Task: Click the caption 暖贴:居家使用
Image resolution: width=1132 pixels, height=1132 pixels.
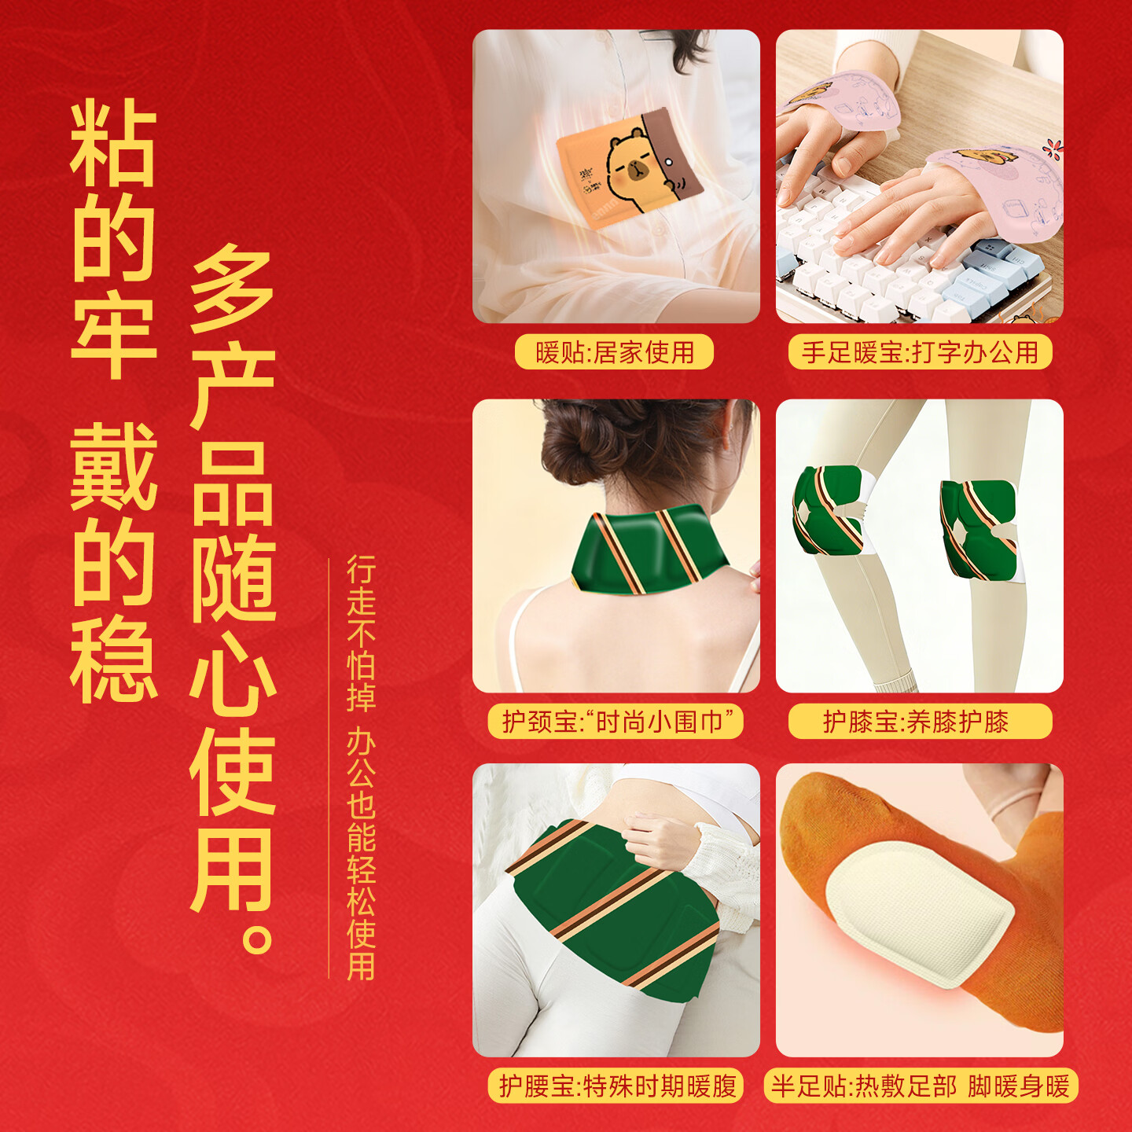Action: pyautogui.click(x=615, y=352)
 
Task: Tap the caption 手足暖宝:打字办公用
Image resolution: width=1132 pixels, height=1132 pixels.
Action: pyautogui.click(x=920, y=352)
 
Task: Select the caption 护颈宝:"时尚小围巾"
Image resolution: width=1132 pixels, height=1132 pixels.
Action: pyautogui.click(x=615, y=722)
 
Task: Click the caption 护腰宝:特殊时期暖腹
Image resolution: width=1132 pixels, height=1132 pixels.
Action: pyautogui.click(x=616, y=1086)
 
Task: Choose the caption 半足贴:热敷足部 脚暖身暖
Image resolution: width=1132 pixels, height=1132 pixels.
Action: pyautogui.click(x=920, y=1086)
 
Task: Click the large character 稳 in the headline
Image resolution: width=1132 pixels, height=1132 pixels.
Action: pyautogui.click(x=113, y=659)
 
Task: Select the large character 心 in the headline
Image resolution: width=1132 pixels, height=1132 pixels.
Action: pyautogui.click(x=233, y=676)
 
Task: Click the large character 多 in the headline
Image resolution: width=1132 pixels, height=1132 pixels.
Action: pyautogui.click(x=233, y=288)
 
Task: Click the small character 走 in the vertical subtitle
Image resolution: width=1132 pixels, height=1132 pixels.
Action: pyautogui.click(x=361, y=601)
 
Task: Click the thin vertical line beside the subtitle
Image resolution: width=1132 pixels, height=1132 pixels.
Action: pyautogui.click(x=329, y=767)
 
